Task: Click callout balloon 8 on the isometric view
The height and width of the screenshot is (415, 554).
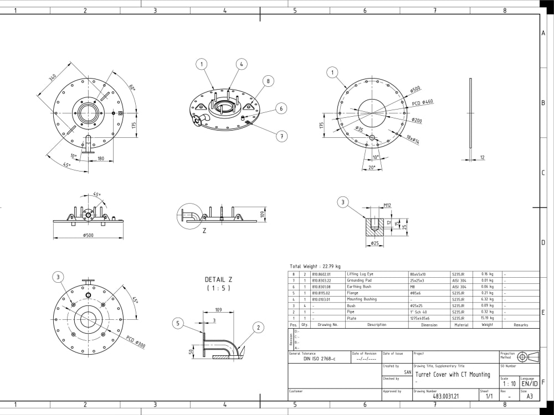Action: (x=268, y=81)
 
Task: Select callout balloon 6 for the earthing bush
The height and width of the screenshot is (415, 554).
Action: (x=281, y=108)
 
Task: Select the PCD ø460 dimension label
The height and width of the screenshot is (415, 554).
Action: (x=423, y=102)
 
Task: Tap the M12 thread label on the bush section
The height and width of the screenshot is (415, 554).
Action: (x=388, y=205)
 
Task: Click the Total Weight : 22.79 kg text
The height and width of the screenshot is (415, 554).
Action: (x=315, y=266)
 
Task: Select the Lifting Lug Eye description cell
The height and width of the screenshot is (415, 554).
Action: (x=361, y=274)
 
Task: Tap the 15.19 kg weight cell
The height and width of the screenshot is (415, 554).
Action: (x=488, y=318)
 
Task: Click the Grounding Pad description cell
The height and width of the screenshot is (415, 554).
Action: (x=359, y=281)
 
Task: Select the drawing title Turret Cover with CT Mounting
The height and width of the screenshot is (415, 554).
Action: (x=453, y=375)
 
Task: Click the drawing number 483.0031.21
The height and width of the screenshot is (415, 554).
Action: (x=446, y=396)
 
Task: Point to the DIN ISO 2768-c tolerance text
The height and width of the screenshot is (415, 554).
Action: (x=320, y=359)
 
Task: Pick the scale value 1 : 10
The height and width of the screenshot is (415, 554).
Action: (x=509, y=383)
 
